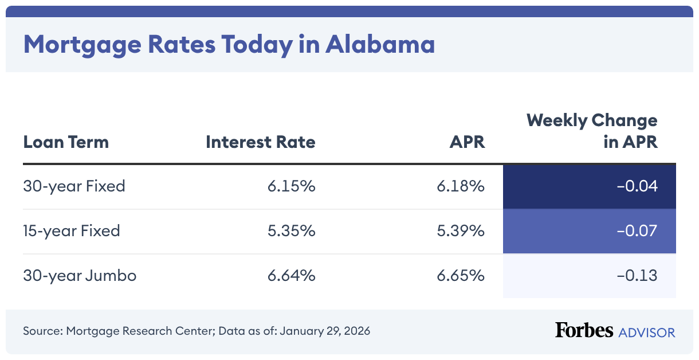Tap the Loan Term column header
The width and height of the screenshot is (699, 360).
pos(66,142)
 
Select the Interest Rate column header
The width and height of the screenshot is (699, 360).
pos(260,142)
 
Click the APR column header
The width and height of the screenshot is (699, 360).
pos(467,142)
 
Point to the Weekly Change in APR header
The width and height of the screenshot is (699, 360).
pos(592,131)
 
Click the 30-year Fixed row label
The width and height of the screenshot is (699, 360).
pos(74,186)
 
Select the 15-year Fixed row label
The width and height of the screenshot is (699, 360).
pos(72,231)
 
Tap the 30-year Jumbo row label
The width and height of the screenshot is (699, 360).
pos(80,276)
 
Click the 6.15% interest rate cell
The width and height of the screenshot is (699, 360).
pos(291,186)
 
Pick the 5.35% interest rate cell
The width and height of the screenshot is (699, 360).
pos(291,231)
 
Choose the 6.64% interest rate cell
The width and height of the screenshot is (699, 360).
pos(291,276)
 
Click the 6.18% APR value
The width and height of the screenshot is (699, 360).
pos(461,186)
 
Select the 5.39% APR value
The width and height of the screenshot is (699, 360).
pos(461,231)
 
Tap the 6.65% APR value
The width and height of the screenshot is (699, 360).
pos(461,276)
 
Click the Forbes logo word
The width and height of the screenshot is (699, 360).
pos(584,330)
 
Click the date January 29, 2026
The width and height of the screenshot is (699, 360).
pos(325,331)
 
